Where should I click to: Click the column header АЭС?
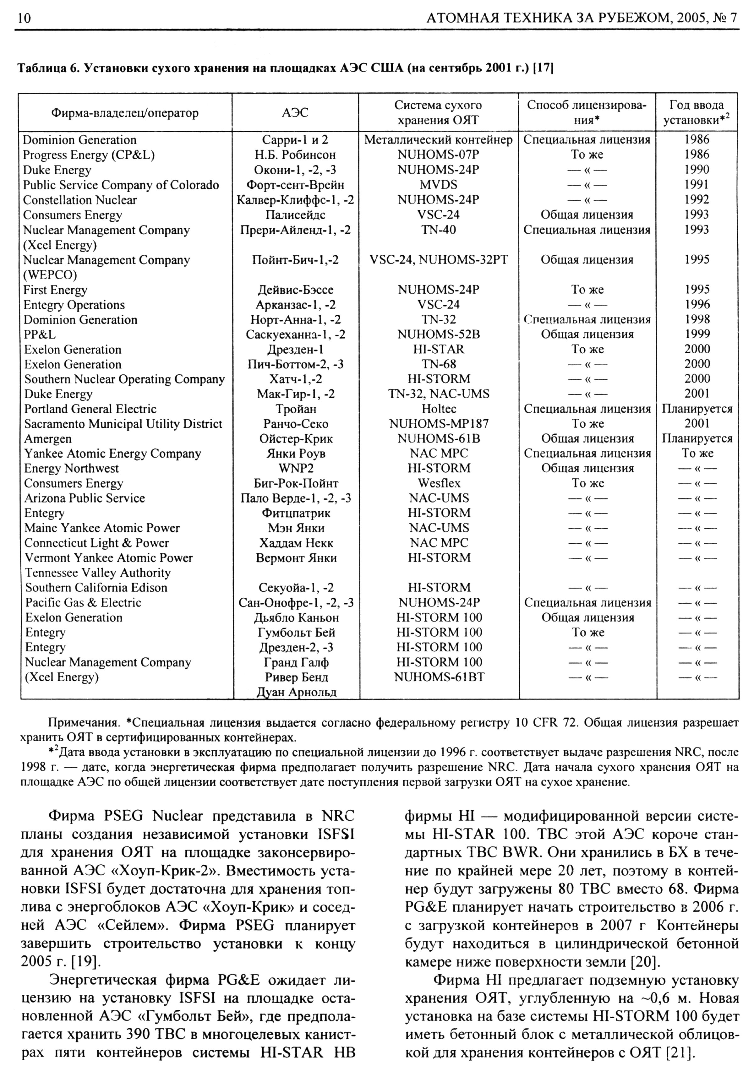(295, 113)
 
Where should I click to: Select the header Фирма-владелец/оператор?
(125, 113)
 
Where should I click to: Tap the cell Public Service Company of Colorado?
(121, 185)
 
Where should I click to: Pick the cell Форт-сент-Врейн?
(295, 185)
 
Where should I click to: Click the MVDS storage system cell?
(438, 185)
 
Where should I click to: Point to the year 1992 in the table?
(697, 200)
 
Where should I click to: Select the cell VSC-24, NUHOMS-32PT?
(439, 260)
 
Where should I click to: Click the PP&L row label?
(40, 334)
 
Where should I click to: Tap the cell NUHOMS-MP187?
(439, 424)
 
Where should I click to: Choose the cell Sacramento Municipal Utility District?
(123, 424)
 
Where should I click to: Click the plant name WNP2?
(295, 468)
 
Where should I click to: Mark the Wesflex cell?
(439, 483)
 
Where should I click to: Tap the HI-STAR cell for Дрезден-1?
(439, 349)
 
